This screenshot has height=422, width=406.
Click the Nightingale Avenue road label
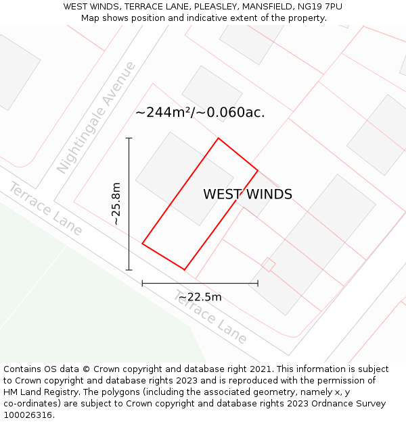pos(97,117)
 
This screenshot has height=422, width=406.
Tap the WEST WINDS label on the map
pos(248,194)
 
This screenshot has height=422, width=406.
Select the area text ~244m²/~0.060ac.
pos(200,113)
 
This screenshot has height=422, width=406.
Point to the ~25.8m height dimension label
pos(116,203)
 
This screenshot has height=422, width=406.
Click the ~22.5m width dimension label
pos(200,297)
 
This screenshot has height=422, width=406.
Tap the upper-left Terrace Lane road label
pos(45,209)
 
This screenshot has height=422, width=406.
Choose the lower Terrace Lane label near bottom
pos(211,317)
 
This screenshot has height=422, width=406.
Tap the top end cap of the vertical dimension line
pos(129,138)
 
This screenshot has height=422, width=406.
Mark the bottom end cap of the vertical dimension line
pos(129,270)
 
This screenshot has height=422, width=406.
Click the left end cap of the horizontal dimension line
pos(142,284)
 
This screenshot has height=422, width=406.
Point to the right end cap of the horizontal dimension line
pos(258,284)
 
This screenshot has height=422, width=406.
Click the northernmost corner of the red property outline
pos(218,138)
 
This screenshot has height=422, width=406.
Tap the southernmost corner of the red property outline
pos(184,270)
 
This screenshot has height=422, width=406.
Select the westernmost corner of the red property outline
pos(142,243)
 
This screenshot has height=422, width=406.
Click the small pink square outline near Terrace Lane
pos(269,265)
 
